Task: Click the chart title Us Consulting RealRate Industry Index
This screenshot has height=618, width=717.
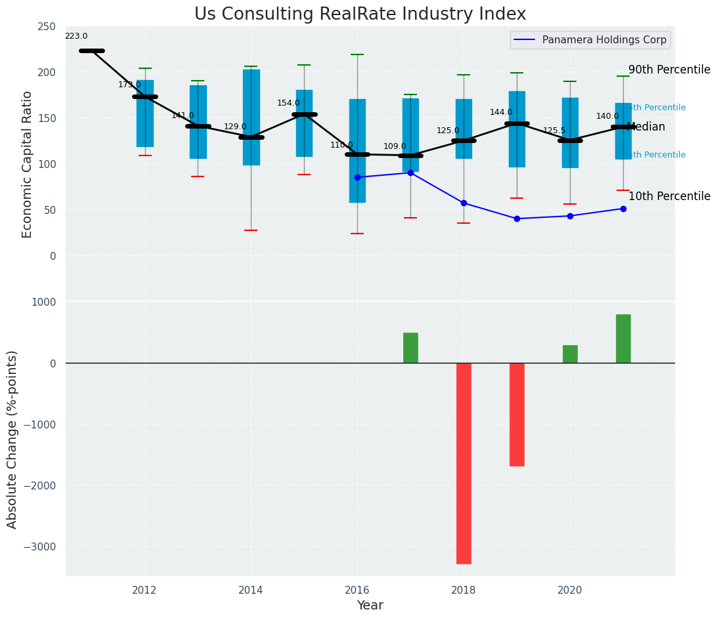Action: point(360,14)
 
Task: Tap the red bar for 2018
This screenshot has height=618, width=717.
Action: point(464,463)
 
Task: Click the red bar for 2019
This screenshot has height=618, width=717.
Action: point(517,414)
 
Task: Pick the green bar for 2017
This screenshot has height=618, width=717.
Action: point(410,348)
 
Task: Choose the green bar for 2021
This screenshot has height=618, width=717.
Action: point(623,339)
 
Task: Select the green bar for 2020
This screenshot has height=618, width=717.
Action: point(570,354)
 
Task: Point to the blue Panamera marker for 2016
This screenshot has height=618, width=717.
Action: point(357,177)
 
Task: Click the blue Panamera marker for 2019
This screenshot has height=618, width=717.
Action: point(517,218)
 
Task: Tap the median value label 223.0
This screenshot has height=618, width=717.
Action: point(76,37)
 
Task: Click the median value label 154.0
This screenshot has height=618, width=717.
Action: point(288,104)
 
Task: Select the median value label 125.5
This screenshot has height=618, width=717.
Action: point(554,131)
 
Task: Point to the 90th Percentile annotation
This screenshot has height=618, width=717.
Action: point(669,70)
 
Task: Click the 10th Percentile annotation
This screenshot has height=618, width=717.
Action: point(669,197)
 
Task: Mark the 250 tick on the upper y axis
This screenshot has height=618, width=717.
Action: point(47,26)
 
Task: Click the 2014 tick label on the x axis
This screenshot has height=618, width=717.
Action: point(251,590)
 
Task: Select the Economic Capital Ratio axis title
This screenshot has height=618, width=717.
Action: point(28,164)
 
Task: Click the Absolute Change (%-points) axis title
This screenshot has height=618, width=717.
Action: point(12,439)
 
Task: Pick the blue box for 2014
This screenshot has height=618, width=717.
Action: point(251,117)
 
